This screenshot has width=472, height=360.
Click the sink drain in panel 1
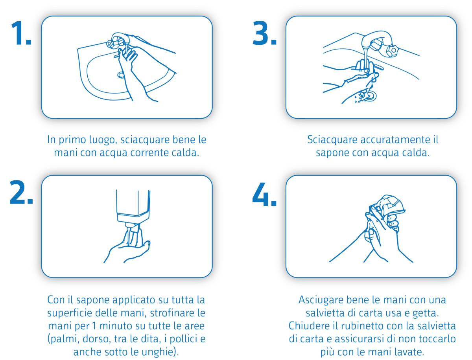pyautogui.click(x=121, y=75)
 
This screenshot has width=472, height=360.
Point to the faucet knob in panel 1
pyautogui.click(x=110, y=43)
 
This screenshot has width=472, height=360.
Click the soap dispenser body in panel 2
pyautogui.click(x=133, y=206)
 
